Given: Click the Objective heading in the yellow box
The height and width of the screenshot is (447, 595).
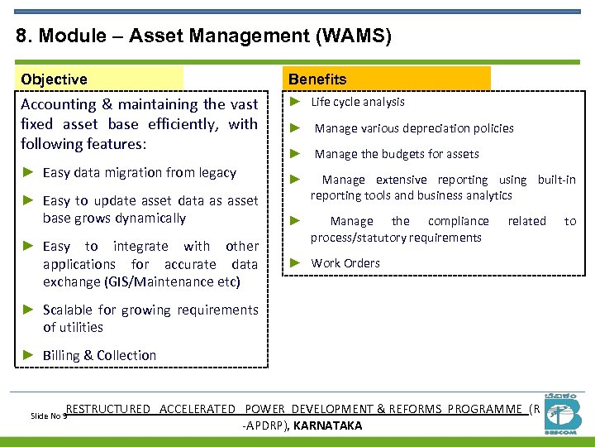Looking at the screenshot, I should coord(54,79).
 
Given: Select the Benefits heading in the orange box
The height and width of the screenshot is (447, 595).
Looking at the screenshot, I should coord(317,79).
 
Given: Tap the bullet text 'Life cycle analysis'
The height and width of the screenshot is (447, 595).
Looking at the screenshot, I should coord(358,102).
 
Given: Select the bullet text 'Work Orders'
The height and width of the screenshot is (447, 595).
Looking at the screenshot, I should coord(345,263).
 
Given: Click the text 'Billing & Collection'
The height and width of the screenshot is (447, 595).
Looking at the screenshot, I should coord(99,355).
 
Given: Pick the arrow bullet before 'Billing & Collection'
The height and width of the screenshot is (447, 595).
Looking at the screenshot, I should coord(27,355).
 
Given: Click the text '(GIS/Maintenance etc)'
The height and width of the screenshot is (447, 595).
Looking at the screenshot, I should coord(173,282).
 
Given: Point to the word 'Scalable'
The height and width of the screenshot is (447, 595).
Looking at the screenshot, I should coord(69,310).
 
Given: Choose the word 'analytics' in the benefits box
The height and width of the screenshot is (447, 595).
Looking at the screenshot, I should coord(488,195).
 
